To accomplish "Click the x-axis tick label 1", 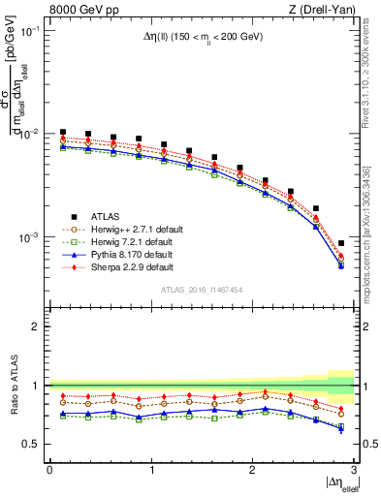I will click(150, 469).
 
